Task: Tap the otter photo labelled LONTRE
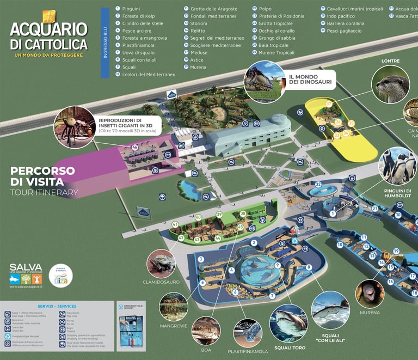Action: click(x=390, y=84)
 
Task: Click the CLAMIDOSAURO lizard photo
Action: click(x=161, y=264)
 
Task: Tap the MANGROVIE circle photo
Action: click(x=174, y=307)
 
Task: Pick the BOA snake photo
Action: click(x=206, y=331)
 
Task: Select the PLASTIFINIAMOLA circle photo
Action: click(x=248, y=333)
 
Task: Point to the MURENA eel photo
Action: click(x=370, y=294)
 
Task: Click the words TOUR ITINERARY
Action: click(x=44, y=192)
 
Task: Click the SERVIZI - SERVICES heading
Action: click(x=57, y=306)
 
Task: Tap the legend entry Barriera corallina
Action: click(x=345, y=23)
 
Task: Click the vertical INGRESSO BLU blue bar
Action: click(x=105, y=43)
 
